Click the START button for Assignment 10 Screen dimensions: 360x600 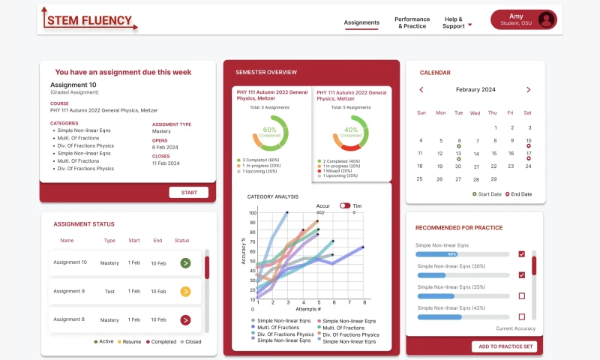[189, 193]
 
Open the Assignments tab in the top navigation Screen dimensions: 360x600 [361, 22]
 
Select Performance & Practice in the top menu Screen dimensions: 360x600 [412, 22]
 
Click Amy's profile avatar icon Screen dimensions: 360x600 [546, 20]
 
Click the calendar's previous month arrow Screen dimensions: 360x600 [421, 90]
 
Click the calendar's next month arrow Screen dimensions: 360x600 [528, 90]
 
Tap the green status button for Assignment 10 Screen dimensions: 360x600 [185, 262]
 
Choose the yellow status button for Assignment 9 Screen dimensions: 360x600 [185, 292]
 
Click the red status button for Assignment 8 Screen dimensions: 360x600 [185, 320]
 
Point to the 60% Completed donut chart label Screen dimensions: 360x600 [270, 132]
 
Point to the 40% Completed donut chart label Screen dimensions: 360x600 [350, 132]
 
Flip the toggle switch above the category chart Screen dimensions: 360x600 [345, 205]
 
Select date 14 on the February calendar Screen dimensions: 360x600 [475, 153]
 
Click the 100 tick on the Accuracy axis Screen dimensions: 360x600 [252, 213]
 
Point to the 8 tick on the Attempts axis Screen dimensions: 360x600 [364, 301]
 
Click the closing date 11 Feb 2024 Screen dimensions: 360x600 [165, 163]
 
